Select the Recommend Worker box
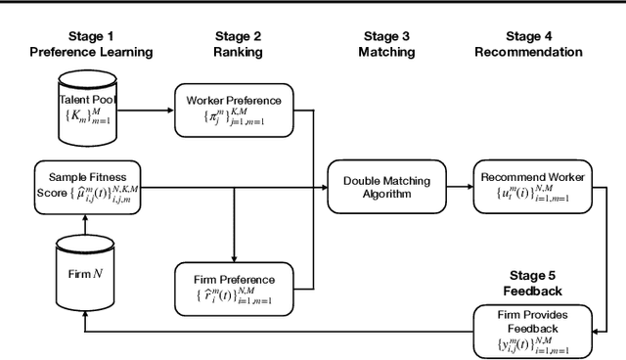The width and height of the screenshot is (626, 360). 533,183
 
